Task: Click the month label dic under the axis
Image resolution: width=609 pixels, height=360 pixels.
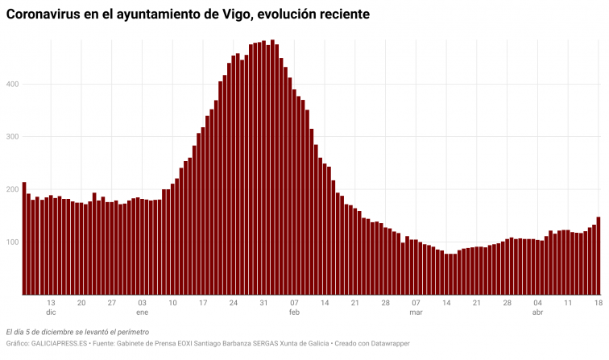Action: (x=51, y=312)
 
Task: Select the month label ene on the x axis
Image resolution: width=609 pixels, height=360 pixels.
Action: (x=142, y=312)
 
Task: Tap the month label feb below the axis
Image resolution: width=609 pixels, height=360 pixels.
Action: (x=294, y=312)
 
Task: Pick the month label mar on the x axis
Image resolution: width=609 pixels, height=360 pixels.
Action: (x=416, y=312)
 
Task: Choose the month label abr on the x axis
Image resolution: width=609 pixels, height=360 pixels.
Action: (x=537, y=312)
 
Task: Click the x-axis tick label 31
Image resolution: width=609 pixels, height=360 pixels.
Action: (x=263, y=302)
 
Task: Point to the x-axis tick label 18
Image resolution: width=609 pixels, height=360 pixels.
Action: (x=599, y=302)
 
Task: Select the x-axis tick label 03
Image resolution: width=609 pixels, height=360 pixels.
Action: (x=142, y=302)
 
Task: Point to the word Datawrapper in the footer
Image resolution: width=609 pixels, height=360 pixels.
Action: (x=387, y=344)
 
